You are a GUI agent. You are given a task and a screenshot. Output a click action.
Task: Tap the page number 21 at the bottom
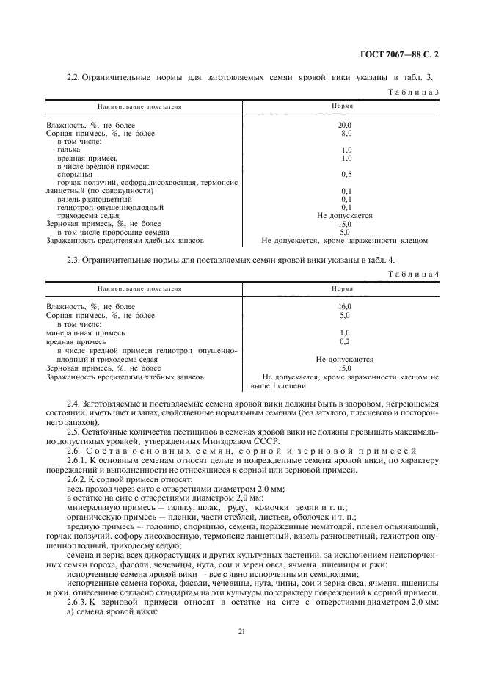(x=241, y=630)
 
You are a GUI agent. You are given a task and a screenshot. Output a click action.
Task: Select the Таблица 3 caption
(x=416, y=92)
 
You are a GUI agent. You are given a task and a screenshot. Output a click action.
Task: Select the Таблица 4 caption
(x=416, y=273)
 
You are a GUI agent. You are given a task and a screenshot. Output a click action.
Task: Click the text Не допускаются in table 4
(x=345, y=360)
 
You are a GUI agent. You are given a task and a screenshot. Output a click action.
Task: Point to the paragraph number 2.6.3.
(x=79, y=602)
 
